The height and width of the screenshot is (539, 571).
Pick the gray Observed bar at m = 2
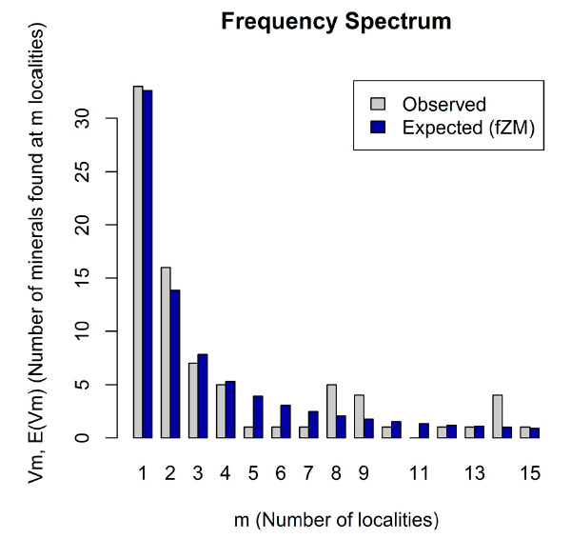coord(166,352)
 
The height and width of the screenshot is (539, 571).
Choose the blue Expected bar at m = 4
coord(230,409)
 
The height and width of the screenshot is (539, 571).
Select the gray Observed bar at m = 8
coord(331,411)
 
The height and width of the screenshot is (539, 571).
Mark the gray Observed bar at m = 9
coord(359,416)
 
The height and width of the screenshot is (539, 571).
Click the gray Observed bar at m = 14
coord(497,416)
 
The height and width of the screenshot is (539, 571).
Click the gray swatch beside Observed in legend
coord(376,104)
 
